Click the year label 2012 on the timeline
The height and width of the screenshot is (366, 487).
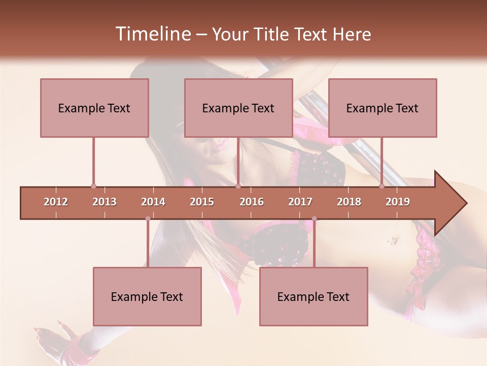(x=56, y=202)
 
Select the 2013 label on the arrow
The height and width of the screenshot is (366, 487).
(x=105, y=202)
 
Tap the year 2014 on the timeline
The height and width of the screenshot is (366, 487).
(x=153, y=202)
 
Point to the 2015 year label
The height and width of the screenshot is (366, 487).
(x=202, y=202)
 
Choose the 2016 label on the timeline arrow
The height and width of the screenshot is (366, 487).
(x=252, y=202)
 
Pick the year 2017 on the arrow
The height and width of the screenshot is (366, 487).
(x=300, y=202)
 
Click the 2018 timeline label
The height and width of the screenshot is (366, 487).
(x=349, y=202)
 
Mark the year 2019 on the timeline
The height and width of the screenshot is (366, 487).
(x=398, y=202)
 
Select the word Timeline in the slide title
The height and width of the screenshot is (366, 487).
(x=152, y=34)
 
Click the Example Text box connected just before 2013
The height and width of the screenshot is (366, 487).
(x=94, y=108)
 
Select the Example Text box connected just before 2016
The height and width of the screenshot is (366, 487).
(x=238, y=108)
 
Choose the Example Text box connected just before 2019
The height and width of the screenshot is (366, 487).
(x=382, y=108)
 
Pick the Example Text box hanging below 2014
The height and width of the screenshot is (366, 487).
(x=147, y=296)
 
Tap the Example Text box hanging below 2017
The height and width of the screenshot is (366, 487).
(x=314, y=296)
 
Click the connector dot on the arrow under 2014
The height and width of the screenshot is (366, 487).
(x=148, y=219)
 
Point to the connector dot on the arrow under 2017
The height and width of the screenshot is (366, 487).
(x=314, y=219)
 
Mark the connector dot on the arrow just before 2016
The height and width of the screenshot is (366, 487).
(x=238, y=187)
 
